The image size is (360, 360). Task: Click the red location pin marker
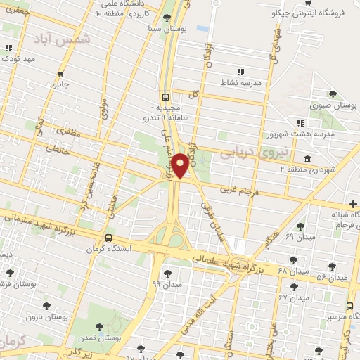coord(180,164)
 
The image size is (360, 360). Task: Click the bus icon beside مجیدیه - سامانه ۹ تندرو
coord(165,98)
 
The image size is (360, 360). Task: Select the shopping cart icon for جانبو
coord(61,73)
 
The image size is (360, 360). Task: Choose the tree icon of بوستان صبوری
coord(333,94)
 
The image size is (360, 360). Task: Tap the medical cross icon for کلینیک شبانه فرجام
coord(353,204)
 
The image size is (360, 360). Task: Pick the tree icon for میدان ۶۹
coord(300,226)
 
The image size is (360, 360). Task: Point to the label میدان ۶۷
coord(294,297)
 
